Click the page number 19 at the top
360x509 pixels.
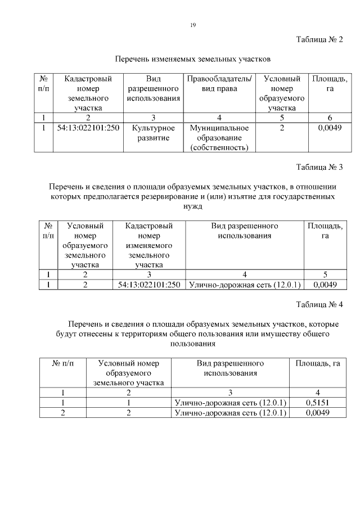point(192,25)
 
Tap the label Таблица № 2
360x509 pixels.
point(319,39)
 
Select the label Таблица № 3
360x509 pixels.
point(319,168)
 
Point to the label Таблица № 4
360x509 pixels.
point(319,305)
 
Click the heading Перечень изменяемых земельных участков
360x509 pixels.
point(193,58)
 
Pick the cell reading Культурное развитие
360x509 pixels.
point(154,133)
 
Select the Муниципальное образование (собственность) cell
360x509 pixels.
point(219,138)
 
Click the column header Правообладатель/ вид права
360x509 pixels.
point(219,84)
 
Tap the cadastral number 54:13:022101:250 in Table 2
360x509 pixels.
point(88,128)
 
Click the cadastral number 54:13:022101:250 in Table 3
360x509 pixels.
point(149,285)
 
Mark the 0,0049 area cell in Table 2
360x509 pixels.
point(330,128)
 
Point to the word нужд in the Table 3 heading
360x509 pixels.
point(193,206)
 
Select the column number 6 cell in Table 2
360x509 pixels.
point(330,118)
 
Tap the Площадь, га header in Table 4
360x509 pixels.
point(318,363)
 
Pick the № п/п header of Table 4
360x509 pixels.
point(66,363)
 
